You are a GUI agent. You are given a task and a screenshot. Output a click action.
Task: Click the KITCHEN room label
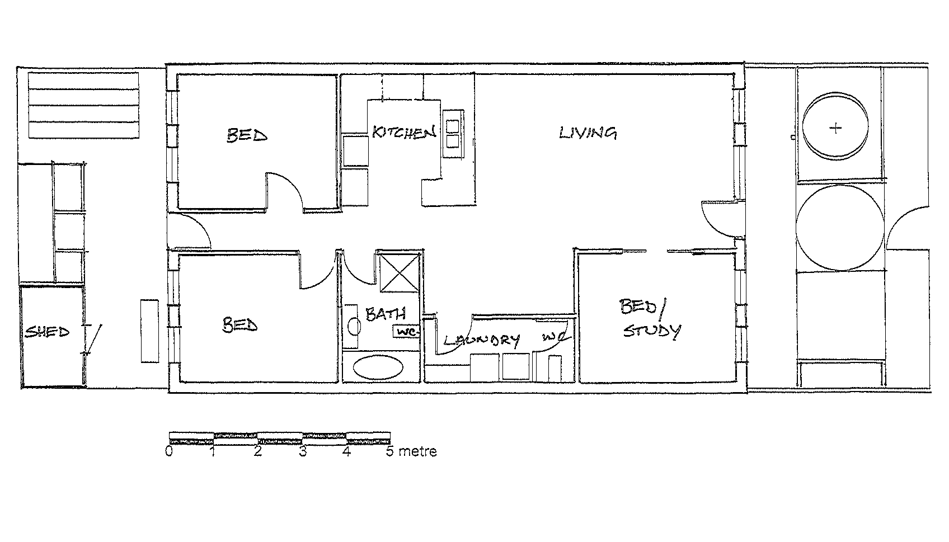(404, 133)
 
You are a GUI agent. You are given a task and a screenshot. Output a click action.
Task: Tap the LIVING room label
(588, 133)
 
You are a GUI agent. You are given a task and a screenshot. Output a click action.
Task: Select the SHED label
(47, 332)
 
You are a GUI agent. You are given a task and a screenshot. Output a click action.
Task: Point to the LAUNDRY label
(481, 340)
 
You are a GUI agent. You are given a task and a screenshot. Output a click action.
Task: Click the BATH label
(385, 314)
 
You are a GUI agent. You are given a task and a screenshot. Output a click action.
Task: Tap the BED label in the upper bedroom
(247, 135)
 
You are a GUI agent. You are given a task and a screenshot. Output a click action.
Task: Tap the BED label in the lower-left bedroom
(240, 325)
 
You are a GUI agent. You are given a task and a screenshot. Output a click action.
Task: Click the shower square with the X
(400, 272)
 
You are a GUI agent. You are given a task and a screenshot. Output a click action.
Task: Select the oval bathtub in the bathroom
(378, 369)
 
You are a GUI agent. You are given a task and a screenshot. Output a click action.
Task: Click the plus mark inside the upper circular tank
(835, 129)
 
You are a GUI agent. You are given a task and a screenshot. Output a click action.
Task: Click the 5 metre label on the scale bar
(411, 451)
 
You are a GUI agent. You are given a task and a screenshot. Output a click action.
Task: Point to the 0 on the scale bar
(169, 451)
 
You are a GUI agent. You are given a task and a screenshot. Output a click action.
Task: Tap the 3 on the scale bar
(303, 451)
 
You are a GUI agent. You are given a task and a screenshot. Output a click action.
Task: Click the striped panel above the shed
(83, 105)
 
